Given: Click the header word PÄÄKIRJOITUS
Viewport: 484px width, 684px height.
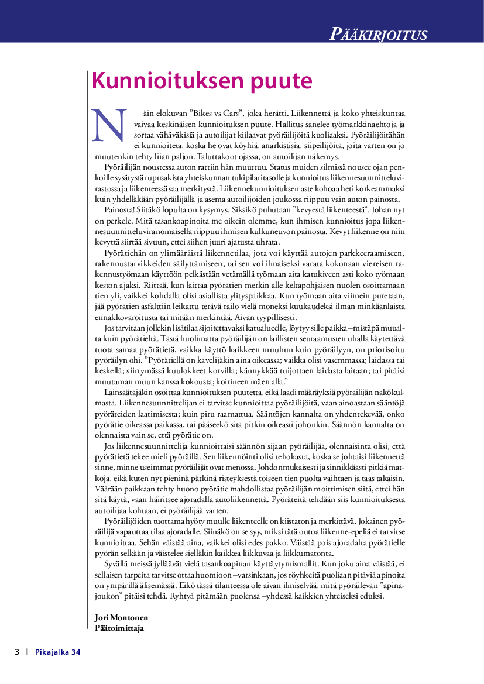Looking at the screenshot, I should point(378,34).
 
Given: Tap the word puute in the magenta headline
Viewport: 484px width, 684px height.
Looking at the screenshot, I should point(282,81).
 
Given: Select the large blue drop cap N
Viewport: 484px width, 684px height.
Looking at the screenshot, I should point(110,125).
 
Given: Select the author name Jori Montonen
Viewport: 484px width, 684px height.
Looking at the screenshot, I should point(121,617).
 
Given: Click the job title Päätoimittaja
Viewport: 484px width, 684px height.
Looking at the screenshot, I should point(119,628).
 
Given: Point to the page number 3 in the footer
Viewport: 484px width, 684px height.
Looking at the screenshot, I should point(17,652).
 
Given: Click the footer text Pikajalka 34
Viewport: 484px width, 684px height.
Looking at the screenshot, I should point(57,652).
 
